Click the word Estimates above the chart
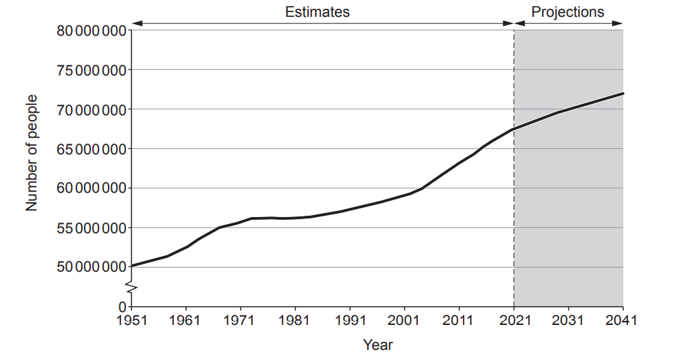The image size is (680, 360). (317, 11)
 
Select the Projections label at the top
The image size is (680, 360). (567, 11)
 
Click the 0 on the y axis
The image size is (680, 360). (122, 307)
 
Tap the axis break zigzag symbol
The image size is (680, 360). (132, 289)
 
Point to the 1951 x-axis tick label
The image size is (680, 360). (131, 320)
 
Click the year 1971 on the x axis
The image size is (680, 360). (241, 320)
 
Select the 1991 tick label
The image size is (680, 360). (350, 320)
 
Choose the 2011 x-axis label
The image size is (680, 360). (459, 320)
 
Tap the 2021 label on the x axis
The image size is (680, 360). (514, 320)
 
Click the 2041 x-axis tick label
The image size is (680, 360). (622, 320)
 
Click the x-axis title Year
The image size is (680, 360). (377, 345)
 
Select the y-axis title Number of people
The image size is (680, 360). (32, 153)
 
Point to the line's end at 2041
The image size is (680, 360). (622, 94)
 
